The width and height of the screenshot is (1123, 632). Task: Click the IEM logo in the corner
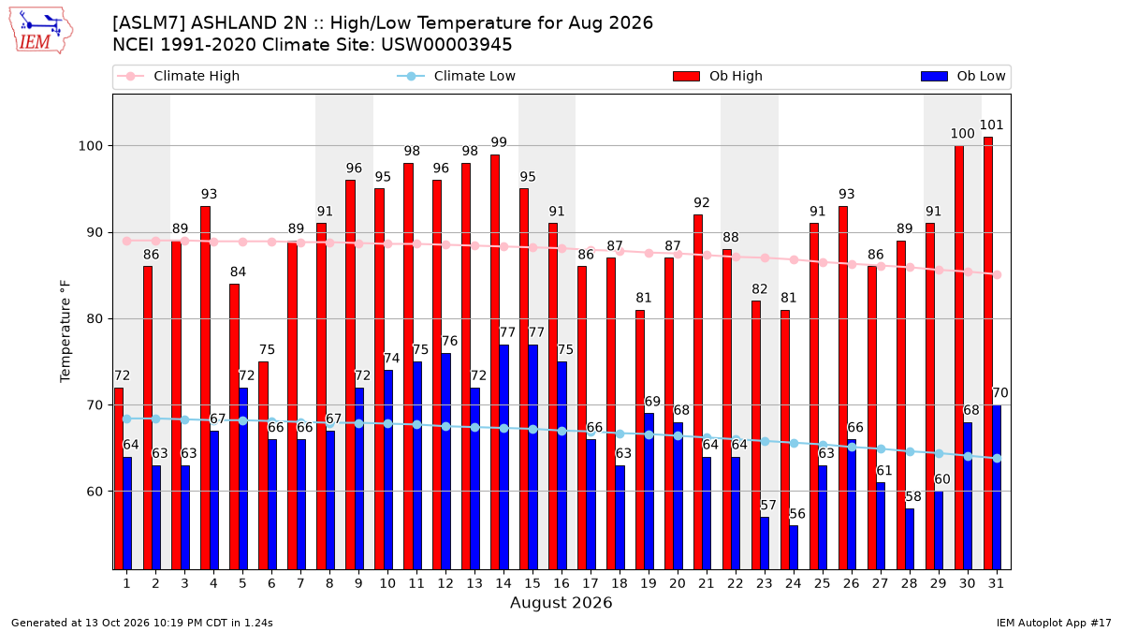40,31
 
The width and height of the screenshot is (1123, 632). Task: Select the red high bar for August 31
988,353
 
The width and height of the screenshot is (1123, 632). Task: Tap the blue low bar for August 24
794,548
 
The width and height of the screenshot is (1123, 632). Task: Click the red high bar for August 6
263,465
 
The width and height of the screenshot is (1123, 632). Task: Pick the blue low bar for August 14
503,457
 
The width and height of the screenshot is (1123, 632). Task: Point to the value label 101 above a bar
992,125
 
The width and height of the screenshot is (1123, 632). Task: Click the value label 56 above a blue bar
797,514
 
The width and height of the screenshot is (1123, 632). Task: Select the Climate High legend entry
179,76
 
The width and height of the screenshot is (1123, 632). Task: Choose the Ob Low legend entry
963,76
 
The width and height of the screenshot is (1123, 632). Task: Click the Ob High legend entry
718,76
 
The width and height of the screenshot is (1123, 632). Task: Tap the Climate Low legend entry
457,76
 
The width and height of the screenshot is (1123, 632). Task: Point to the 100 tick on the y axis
90,146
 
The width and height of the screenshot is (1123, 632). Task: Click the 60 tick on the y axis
95,492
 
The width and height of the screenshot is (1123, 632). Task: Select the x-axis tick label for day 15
532,584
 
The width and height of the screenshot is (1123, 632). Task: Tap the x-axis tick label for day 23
765,584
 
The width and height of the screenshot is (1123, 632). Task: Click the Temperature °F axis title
66,331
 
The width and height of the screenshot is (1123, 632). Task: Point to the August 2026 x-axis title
561,602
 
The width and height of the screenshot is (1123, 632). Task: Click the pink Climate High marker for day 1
127,242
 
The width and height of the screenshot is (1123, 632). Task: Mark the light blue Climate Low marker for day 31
998,459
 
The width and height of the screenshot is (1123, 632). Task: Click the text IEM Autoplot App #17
1054,623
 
